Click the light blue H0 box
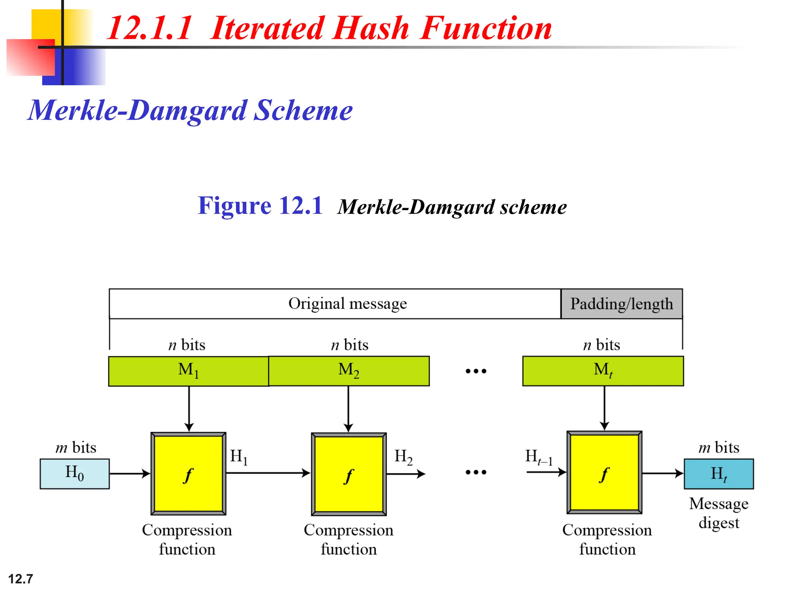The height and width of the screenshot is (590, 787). (x=75, y=474)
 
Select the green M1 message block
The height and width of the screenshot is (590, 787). (x=188, y=371)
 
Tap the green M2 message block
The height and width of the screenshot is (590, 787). (x=349, y=371)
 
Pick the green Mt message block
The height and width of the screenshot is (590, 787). (x=603, y=371)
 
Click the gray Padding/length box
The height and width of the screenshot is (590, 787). (x=621, y=304)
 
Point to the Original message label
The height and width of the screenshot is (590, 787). (x=347, y=303)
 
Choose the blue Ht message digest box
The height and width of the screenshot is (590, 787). (x=719, y=474)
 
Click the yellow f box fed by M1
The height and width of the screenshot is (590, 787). (x=188, y=474)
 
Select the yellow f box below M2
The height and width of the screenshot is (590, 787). (x=349, y=474)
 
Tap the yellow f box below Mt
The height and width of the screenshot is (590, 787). (x=604, y=473)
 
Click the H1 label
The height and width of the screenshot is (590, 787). (x=239, y=457)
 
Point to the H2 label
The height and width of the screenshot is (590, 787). (x=403, y=457)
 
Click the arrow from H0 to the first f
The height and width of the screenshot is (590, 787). (x=130, y=474)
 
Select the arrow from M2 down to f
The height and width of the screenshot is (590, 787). (x=348, y=409)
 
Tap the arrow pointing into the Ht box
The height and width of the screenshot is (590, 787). (x=663, y=473)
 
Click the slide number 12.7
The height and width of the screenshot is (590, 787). (x=21, y=578)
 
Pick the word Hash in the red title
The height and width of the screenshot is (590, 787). (x=371, y=28)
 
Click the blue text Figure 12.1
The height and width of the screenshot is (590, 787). (x=260, y=206)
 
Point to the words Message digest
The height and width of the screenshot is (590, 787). (x=719, y=513)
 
